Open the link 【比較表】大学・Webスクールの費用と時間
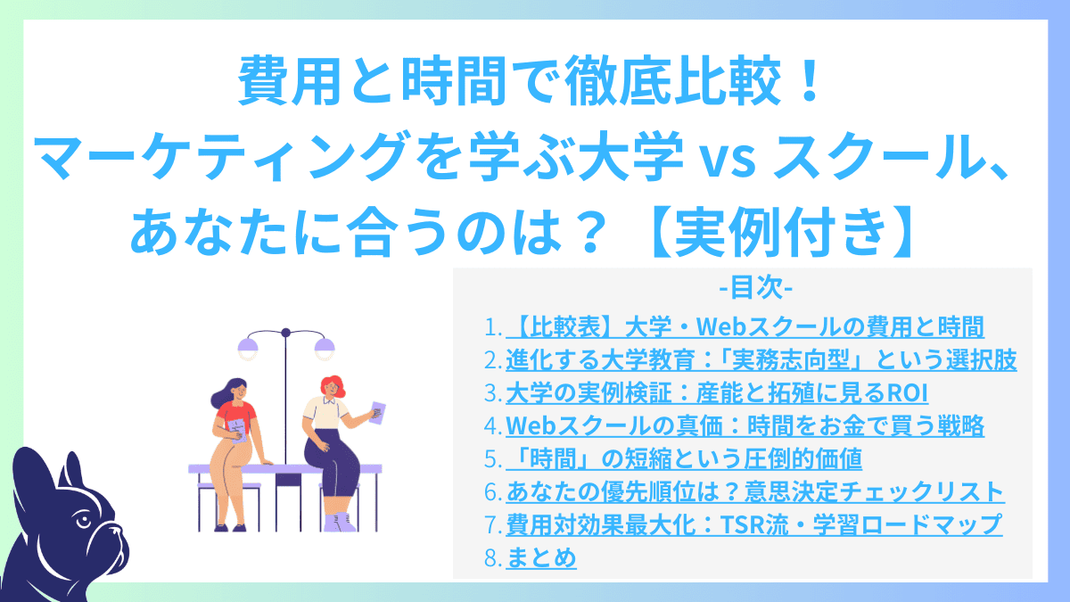(x=745, y=327)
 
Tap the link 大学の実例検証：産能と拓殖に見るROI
(x=711, y=393)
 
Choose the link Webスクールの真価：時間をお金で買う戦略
(x=745, y=426)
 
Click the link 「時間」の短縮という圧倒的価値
(x=684, y=459)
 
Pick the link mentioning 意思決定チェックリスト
(x=755, y=491)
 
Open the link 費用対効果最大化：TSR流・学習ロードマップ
(x=753, y=524)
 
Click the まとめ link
(x=541, y=557)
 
